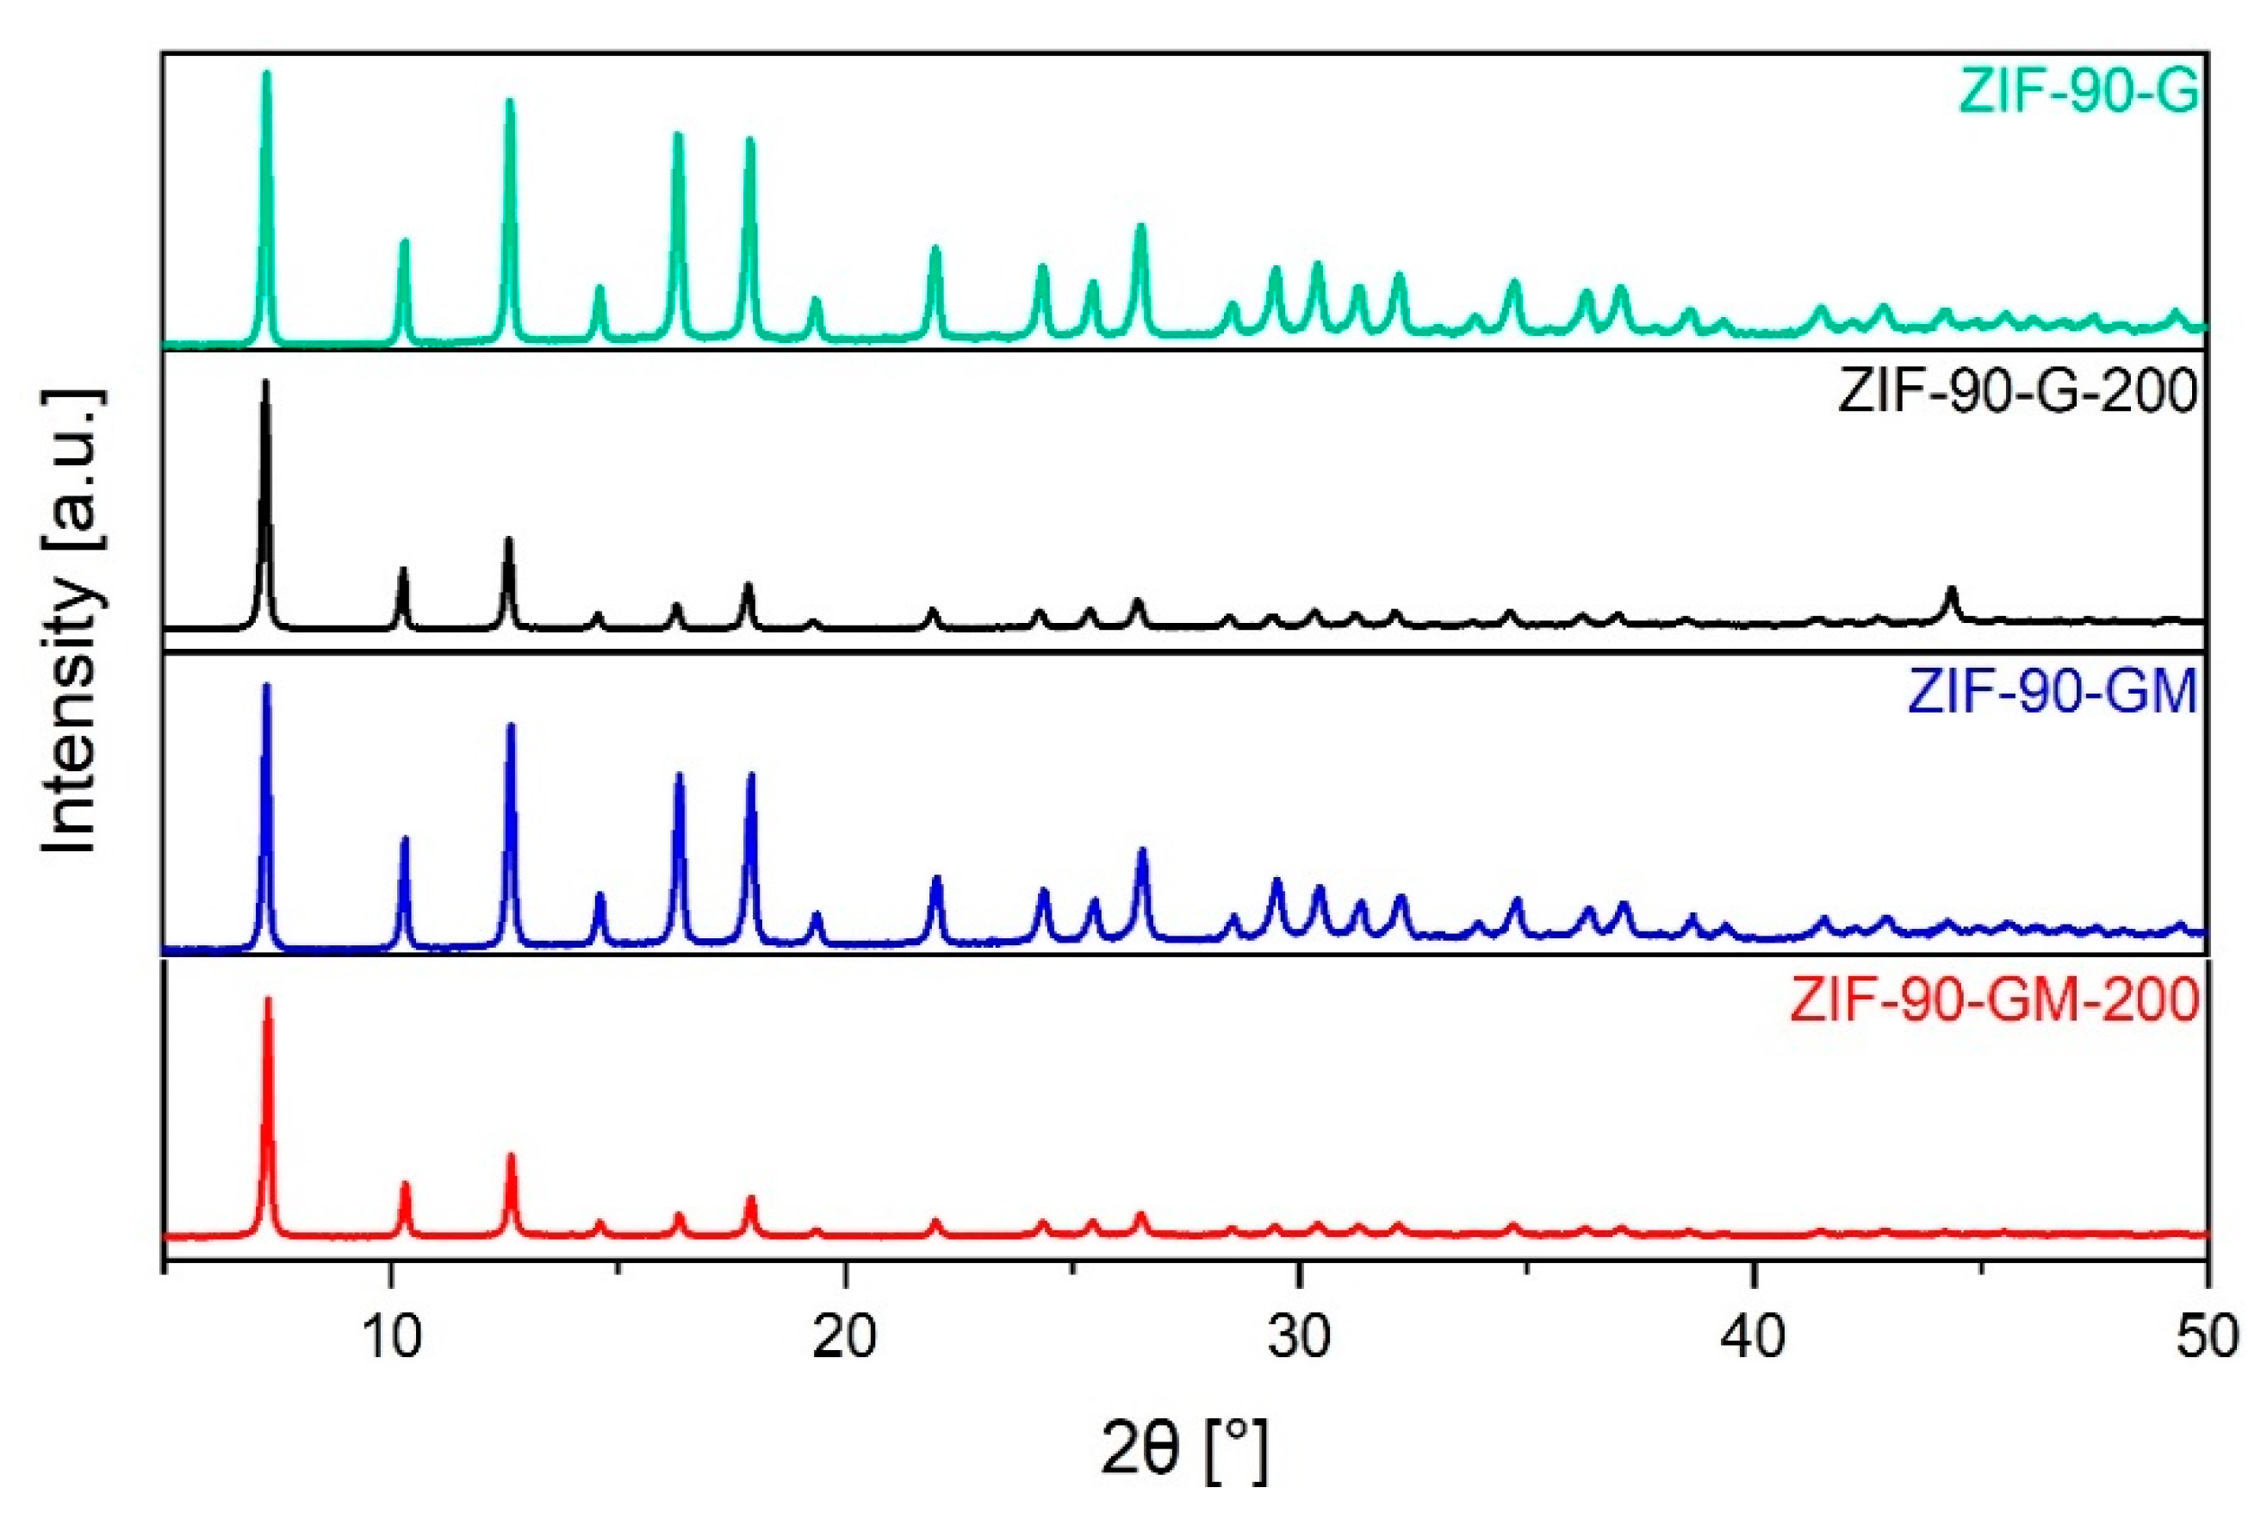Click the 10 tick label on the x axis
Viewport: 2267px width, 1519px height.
point(390,1338)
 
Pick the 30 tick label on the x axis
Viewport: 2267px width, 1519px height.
point(1299,1338)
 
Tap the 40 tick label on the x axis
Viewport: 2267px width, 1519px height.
point(1753,1338)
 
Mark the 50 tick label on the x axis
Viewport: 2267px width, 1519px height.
point(2207,1338)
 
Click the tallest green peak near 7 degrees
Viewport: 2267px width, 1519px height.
point(267,76)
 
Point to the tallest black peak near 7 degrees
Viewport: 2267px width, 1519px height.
point(265,383)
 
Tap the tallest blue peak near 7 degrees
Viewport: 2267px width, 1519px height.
point(267,688)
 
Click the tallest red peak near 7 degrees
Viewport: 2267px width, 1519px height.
point(268,1000)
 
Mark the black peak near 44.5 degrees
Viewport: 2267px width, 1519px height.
point(1951,590)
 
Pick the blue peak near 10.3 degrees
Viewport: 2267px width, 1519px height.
point(405,840)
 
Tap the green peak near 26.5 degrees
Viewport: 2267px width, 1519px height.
point(1140,228)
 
